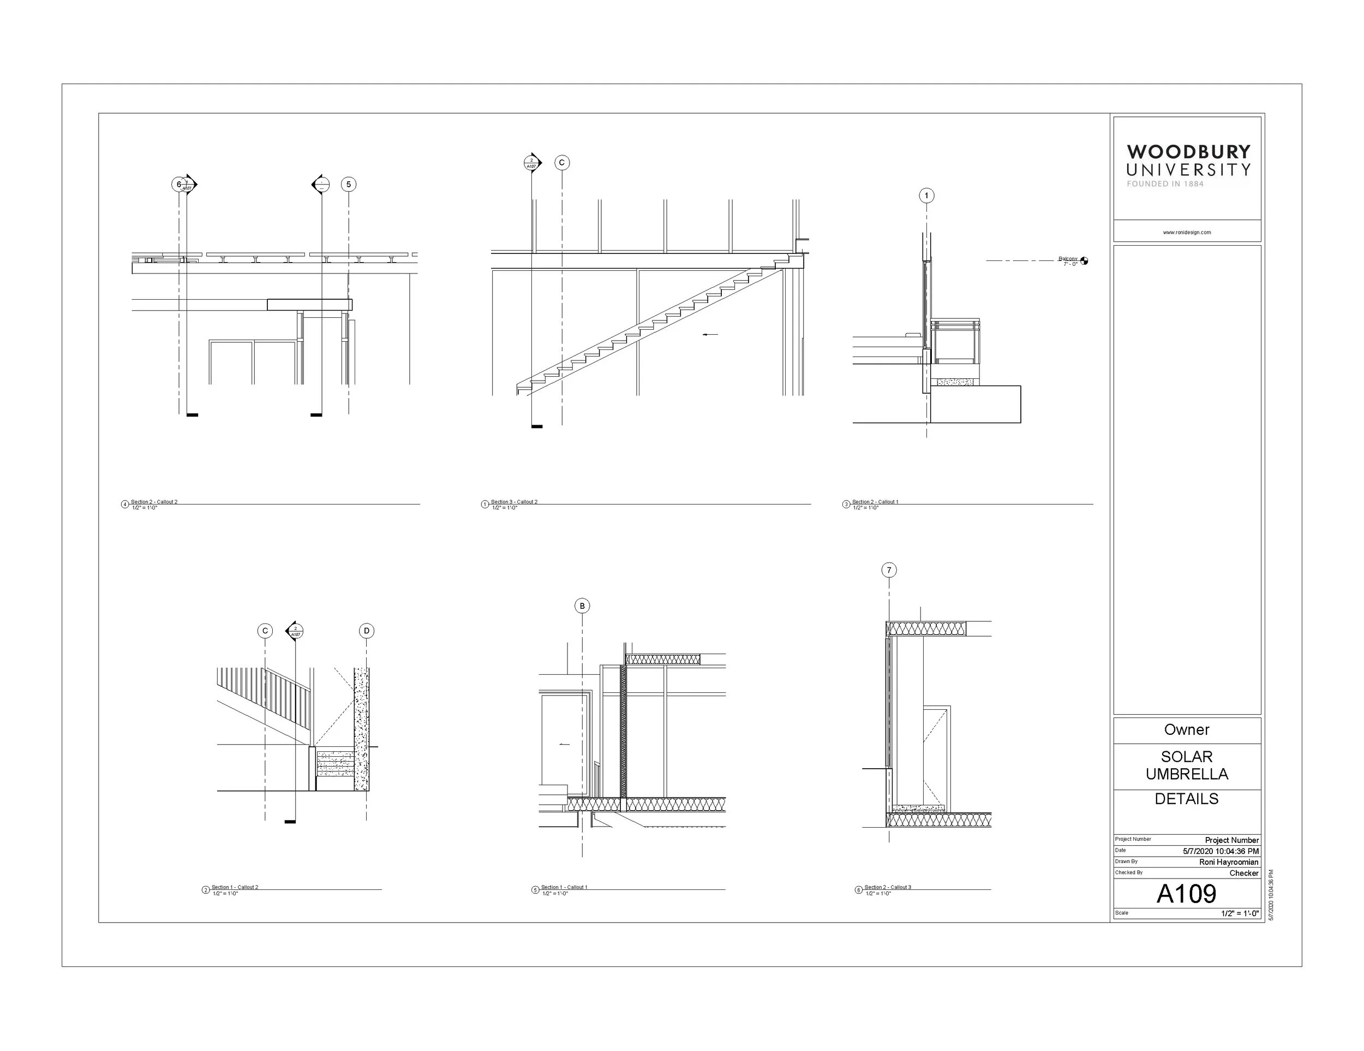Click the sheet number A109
click(1186, 894)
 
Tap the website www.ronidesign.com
click(1187, 233)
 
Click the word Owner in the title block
click(1187, 730)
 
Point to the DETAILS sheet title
click(1187, 799)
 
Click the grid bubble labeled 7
click(889, 570)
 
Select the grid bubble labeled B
click(582, 605)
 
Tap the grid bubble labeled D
click(367, 631)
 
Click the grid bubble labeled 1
click(926, 195)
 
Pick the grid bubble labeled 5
click(349, 185)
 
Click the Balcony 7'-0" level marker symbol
click(1084, 260)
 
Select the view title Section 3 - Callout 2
click(514, 502)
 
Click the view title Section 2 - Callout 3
click(888, 887)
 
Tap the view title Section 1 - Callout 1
click(564, 887)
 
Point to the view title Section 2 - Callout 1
click(875, 502)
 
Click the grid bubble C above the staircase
click(561, 163)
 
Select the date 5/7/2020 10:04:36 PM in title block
click(1221, 851)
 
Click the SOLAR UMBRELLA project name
click(1187, 765)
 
